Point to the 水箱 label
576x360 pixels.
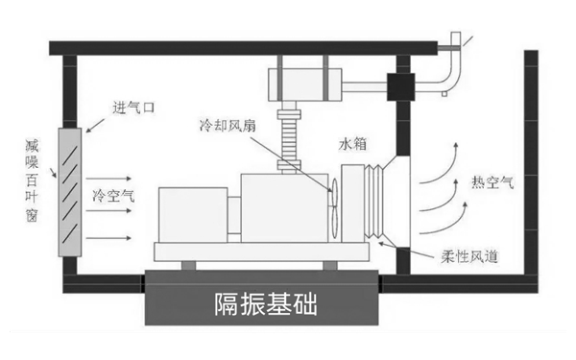(352, 145)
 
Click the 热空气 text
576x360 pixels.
(492, 181)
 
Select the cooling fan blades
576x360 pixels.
(332, 202)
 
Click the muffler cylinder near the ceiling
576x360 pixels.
(304, 80)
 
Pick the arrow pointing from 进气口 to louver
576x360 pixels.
(97, 121)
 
